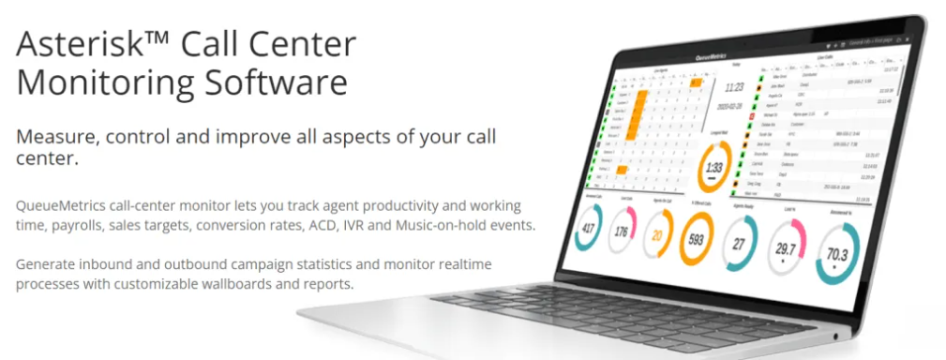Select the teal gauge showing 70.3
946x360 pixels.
coord(837,254)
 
